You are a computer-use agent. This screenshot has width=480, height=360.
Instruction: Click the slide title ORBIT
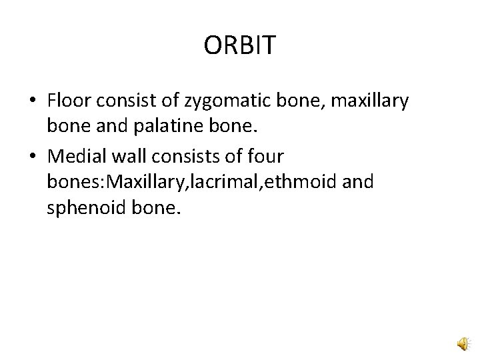click(x=239, y=45)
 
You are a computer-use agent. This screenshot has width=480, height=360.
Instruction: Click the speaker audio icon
click(x=462, y=343)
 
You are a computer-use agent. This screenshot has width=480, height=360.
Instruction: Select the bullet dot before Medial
click(x=33, y=157)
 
